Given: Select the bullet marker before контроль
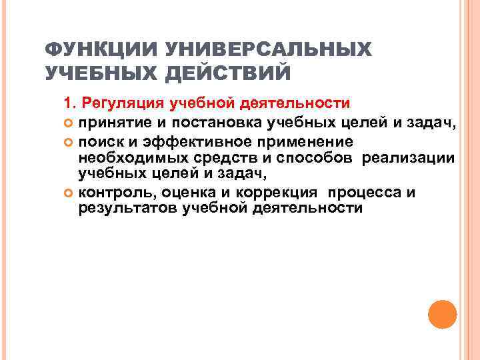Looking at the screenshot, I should pos(69,194).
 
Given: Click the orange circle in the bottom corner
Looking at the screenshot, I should pos(441,314).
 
